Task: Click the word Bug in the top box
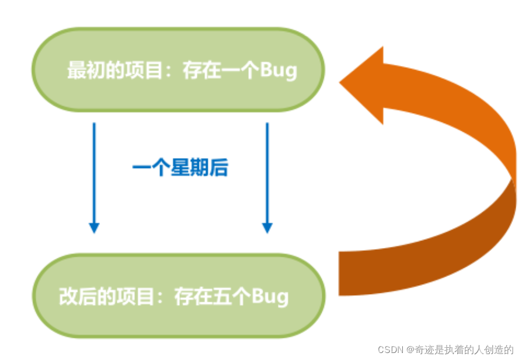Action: point(278,71)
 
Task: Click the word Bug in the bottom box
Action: point(270,296)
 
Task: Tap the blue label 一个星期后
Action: point(180,168)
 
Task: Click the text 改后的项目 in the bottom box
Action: point(106,296)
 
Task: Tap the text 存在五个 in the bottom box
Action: point(212,296)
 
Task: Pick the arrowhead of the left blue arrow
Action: point(93,228)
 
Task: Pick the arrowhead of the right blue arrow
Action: point(267,228)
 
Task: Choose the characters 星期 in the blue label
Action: point(189,168)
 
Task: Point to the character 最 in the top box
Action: point(76,71)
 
